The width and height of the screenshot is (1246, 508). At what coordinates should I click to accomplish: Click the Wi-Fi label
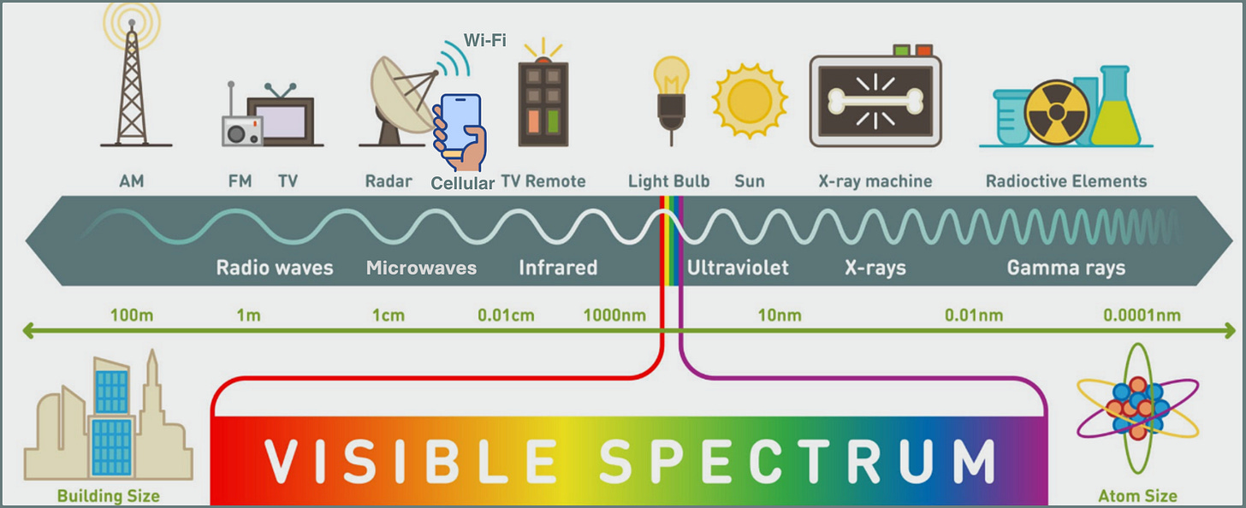click(x=484, y=40)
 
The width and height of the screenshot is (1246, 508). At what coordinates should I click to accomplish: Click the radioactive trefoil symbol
click(x=1057, y=112)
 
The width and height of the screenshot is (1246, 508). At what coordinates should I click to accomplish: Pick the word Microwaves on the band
click(x=421, y=268)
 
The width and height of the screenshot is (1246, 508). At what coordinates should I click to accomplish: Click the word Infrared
click(x=558, y=268)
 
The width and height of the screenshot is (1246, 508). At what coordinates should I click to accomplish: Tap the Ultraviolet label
click(x=738, y=268)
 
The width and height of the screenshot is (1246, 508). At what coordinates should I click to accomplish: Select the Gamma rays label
click(x=1065, y=268)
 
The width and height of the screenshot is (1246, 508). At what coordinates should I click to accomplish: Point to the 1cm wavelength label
click(x=388, y=316)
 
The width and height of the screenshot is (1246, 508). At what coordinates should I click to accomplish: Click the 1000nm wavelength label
click(x=614, y=316)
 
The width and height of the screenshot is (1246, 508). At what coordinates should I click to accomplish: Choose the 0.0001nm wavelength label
click(x=1142, y=316)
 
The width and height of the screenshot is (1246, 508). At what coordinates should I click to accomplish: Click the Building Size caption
click(x=108, y=495)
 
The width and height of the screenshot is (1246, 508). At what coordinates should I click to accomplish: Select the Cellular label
click(x=463, y=183)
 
